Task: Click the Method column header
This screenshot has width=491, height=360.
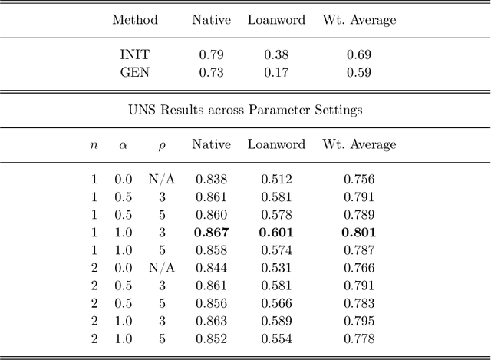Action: coord(135,20)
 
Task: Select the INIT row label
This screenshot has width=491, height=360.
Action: coord(135,55)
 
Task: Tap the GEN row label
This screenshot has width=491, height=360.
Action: coord(135,73)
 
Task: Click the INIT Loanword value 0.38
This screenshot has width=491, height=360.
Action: coord(276,55)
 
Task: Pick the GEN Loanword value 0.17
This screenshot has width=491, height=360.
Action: coord(276,73)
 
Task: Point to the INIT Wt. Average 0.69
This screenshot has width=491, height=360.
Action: coord(359,55)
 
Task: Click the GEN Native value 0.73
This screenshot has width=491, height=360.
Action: coord(211,73)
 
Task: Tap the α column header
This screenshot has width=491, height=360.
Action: coord(123,144)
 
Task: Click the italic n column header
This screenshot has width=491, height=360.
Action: coord(94,145)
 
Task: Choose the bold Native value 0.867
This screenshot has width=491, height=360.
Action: coord(211,233)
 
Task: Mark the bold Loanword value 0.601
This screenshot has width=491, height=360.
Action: coord(276,233)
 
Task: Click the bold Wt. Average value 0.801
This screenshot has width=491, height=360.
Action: coord(359,233)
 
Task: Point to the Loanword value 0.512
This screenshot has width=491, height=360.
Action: coord(276,180)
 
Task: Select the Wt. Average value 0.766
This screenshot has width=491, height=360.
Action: coord(359,268)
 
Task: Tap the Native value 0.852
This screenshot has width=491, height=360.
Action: coord(211,339)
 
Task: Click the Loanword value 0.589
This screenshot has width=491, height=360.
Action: coord(276,321)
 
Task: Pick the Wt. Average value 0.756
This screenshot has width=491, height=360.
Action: coord(359,180)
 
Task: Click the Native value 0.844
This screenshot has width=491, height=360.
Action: coord(211,268)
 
